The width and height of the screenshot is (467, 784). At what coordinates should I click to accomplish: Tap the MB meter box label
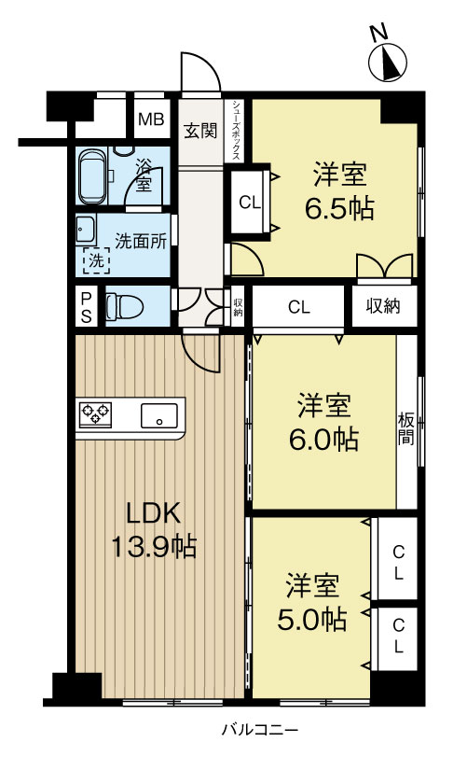[x=151, y=120]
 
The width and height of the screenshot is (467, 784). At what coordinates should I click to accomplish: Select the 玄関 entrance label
[x=200, y=131]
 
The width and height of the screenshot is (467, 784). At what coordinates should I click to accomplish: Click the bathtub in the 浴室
[x=92, y=175]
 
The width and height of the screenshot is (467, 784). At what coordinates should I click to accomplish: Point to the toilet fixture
[x=124, y=305]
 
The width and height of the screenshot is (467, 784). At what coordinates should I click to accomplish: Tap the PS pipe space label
[x=87, y=307]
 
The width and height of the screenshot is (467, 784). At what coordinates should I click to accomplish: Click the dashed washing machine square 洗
[x=96, y=260]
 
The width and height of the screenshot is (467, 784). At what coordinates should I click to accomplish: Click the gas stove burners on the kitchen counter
[x=95, y=414]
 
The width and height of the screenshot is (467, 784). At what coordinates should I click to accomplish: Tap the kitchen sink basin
[x=158, y=415]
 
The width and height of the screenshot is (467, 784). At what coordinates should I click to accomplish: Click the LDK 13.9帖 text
[x=153, y=529]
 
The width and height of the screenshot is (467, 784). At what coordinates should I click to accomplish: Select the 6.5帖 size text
[x=339, y=208]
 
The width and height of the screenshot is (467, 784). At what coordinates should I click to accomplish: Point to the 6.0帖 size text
[x=323, y=440]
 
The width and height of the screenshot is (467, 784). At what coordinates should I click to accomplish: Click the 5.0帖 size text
[x=311, y=620]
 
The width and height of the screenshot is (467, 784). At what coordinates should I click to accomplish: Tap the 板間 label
[x=406, y=428]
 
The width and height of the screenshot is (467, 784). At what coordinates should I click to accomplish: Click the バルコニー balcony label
[x=260, y=730]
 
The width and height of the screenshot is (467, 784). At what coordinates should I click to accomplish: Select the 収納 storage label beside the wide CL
[x=383, y=306]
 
